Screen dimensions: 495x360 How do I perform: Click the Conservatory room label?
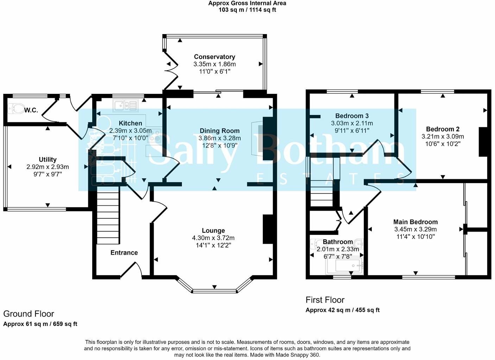pos(214,57)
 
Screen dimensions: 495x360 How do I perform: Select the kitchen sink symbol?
pos(125,105)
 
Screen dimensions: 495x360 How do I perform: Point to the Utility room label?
pos(47,160)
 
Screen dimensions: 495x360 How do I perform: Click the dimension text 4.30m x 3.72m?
pos(213,238)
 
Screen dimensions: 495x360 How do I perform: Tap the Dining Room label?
pos(220,131)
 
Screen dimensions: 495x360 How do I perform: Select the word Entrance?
pos(124,253)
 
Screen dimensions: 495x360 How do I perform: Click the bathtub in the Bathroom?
pos(344,266)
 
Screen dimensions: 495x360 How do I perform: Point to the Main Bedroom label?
pos(415,222)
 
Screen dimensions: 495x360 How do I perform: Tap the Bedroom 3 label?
pos(352,116)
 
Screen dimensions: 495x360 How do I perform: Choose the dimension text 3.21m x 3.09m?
pos(443,136)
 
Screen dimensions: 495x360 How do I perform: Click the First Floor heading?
pos(325,300)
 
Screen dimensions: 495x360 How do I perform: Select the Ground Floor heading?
pos(28,314)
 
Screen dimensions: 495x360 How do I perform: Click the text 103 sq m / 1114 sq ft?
pos(247,10)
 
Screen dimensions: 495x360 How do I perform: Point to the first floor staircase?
pos(322,182)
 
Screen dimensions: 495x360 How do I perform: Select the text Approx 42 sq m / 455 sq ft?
pos(343,310)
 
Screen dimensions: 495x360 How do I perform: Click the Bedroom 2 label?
pos(443,129)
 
